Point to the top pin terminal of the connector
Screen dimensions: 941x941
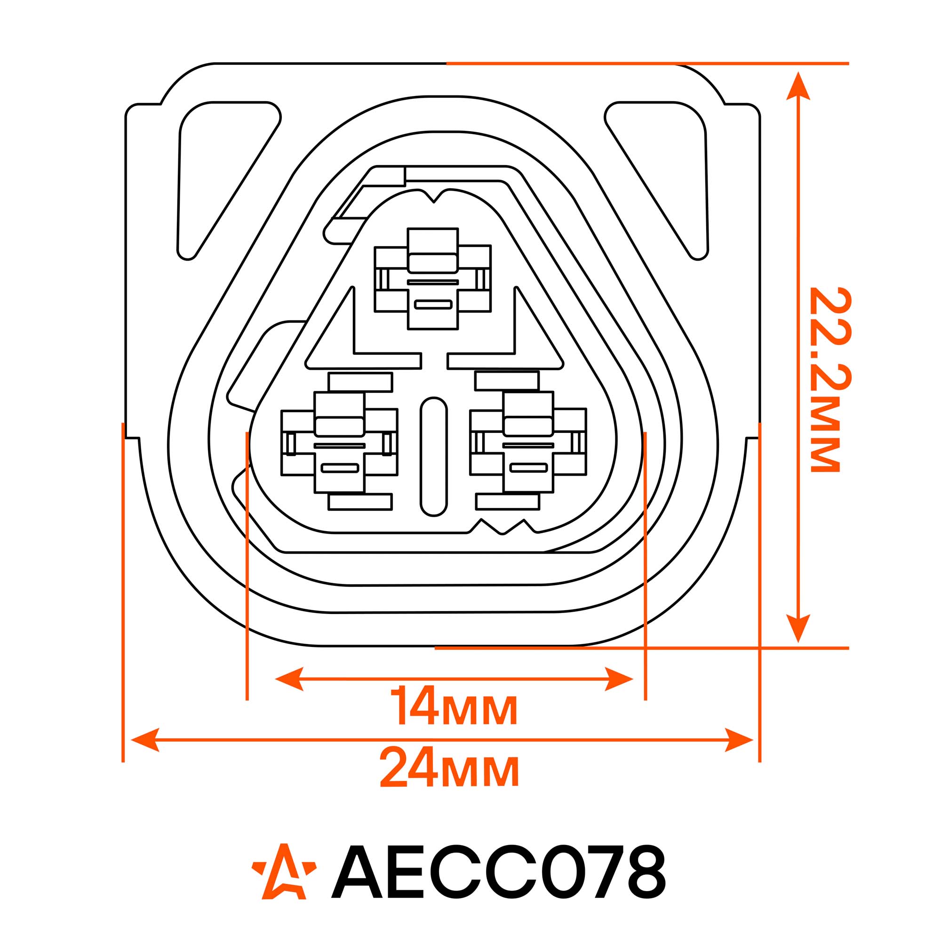coord(432,279)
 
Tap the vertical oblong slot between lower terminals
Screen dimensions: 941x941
coord(433,456)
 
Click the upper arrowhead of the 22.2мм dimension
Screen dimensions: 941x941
coord(798,87)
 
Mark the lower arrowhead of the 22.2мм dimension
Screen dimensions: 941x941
coord(798,628)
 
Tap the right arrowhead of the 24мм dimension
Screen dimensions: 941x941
coord(739,740)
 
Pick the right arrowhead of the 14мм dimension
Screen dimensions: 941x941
coord(619,678)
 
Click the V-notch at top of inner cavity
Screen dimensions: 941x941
coord(433,196)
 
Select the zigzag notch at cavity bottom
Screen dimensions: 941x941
coord(503,526)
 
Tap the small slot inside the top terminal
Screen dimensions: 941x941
coord(433,304)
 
